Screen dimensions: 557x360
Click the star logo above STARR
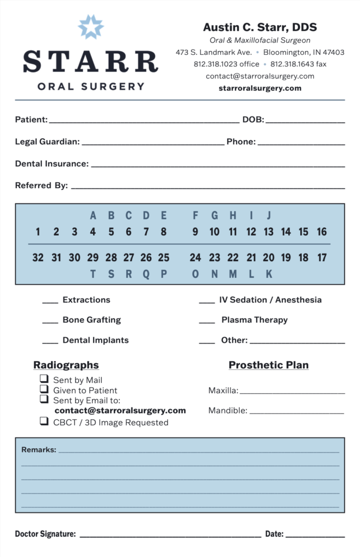90,27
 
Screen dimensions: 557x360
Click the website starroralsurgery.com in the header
260,88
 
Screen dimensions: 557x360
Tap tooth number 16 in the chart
321,232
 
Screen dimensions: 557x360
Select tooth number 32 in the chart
38,257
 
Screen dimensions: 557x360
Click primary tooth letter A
93,215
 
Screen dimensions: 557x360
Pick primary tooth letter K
269,274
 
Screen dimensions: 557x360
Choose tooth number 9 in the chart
195,232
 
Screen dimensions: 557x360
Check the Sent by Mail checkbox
44,379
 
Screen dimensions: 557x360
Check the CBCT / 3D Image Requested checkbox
44,421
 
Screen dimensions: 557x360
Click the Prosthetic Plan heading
269,365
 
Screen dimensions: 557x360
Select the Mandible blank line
297,412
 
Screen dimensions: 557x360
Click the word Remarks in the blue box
39,450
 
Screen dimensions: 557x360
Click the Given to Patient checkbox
44,389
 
